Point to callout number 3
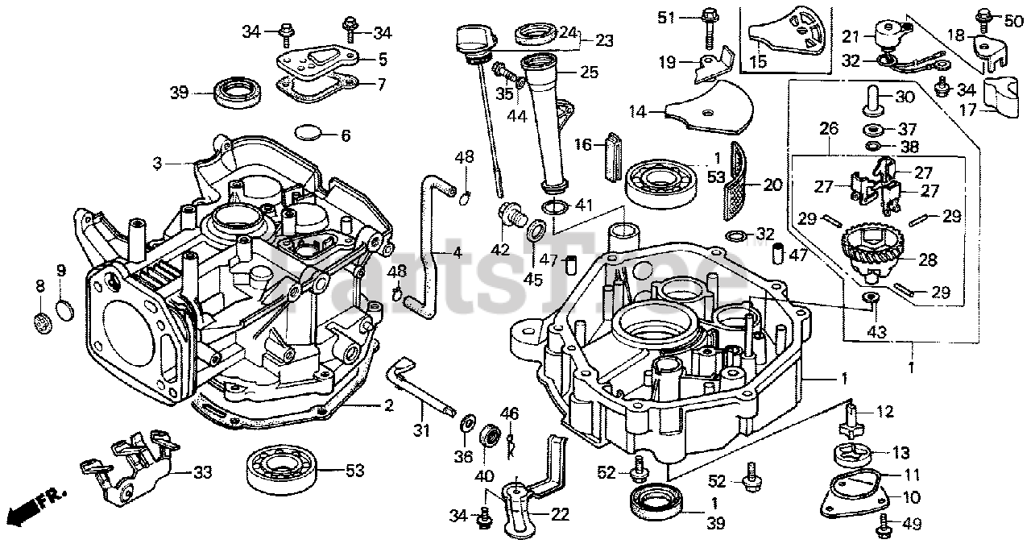click(x=159, y=164)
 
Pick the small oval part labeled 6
click(x=308, y=133)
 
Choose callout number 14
click(x=639, y=113)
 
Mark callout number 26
click(x=829, y=127)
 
